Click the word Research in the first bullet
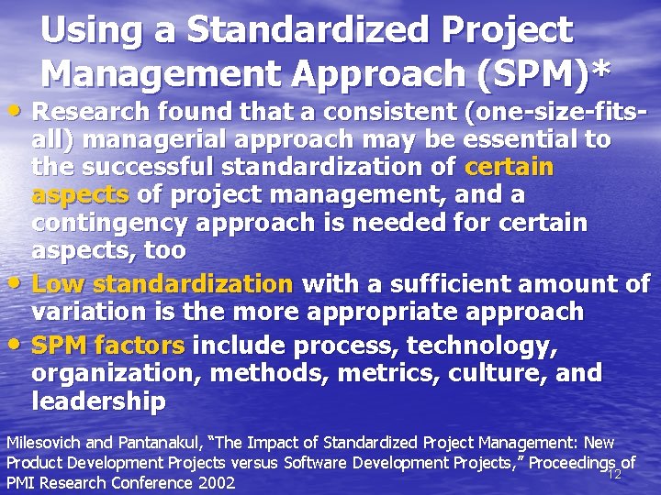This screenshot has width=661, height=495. [97, 113]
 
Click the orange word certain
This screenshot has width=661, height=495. [510, 168]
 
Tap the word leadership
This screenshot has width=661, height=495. [98, 401]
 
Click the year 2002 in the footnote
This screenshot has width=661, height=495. [216, 482]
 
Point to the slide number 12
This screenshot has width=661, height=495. [615, 474]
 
